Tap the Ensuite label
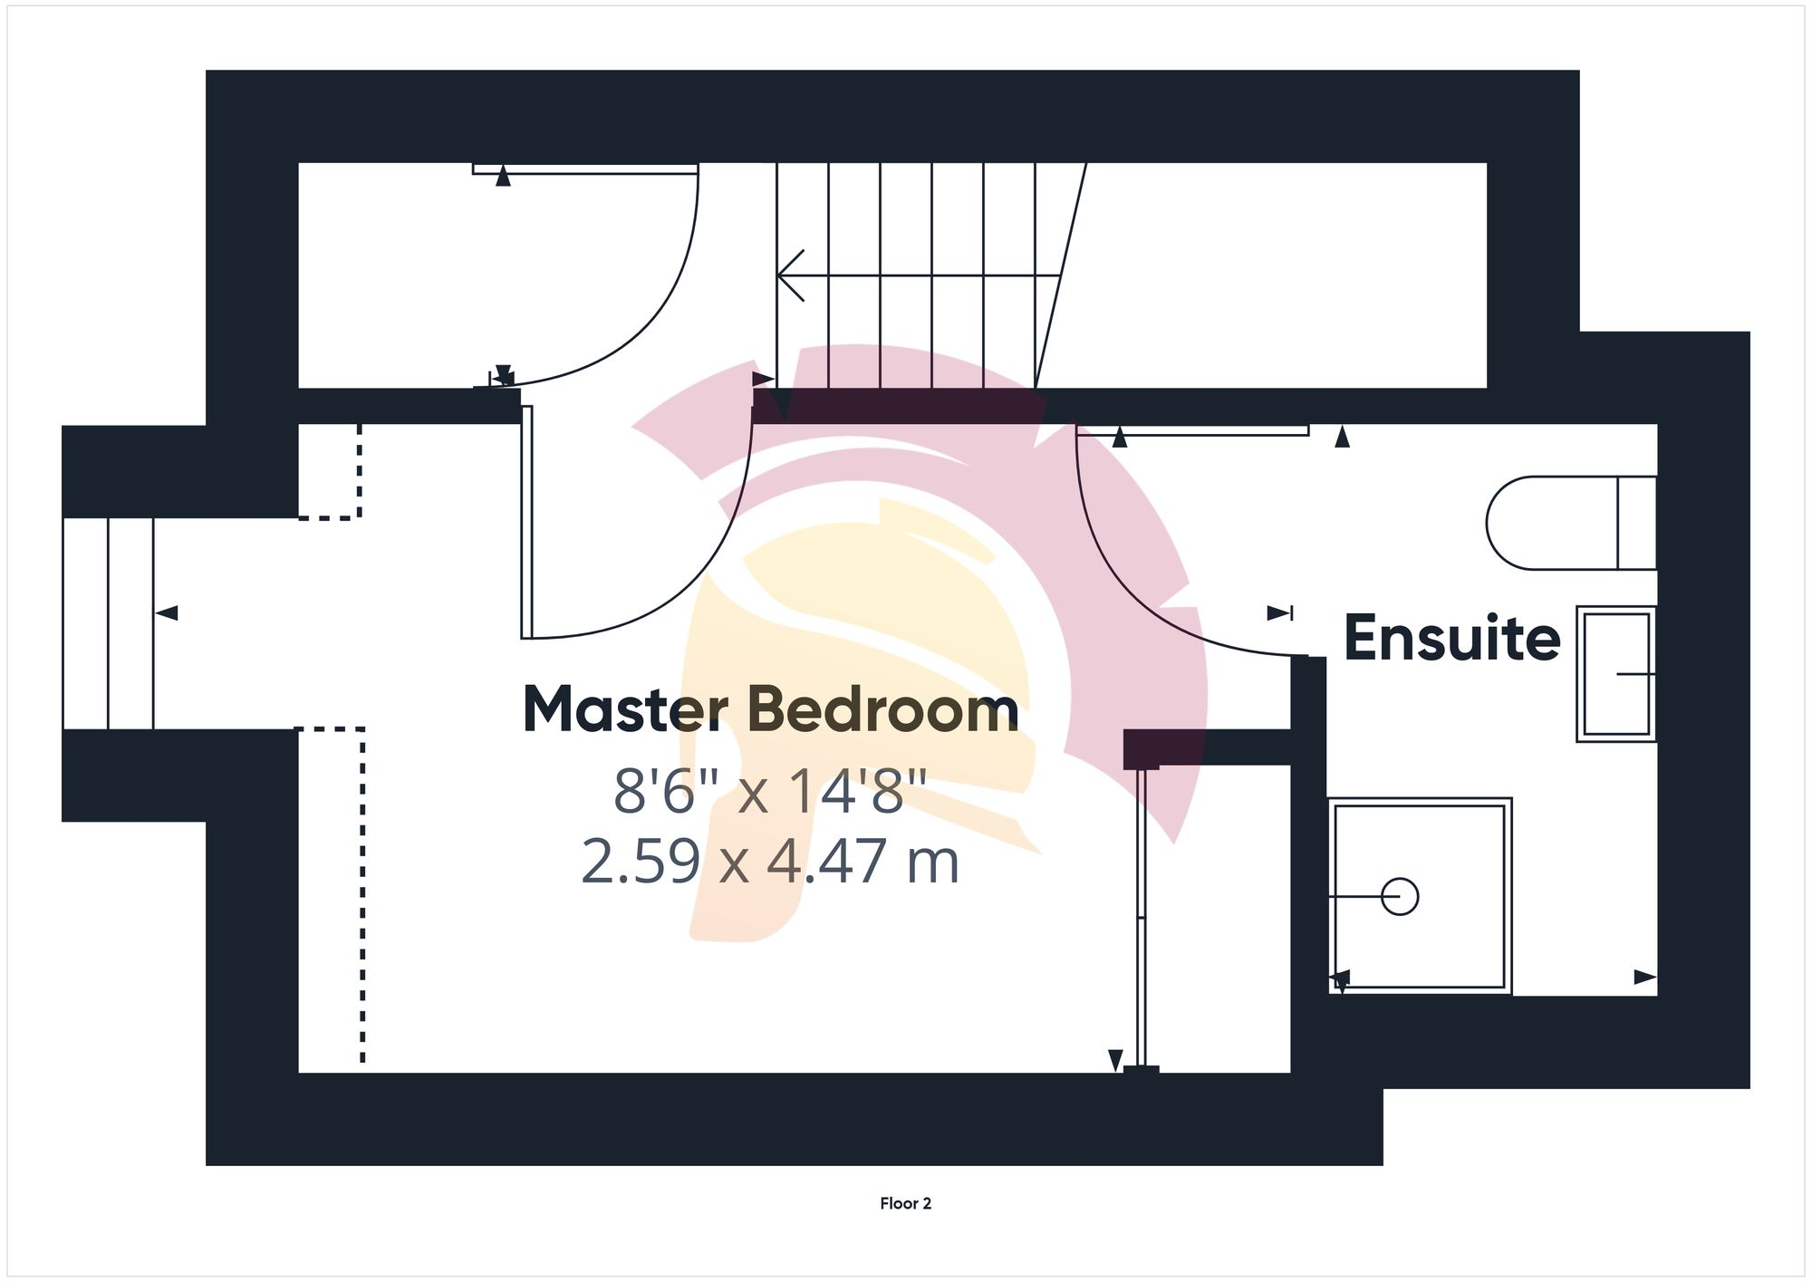tap(1451, 638)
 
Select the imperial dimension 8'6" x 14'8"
tap(771, 790)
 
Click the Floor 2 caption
tap(905, 1203)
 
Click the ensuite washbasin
tap(1616, 673)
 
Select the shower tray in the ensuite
tap(1419, 895)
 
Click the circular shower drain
tap(1400, 897)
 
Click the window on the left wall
tap(108, 623)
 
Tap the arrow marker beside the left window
tap(167, 613)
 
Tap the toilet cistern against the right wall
tap(1637, 523)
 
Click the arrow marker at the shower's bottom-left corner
tap(1340, 979)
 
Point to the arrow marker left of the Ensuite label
tap(1279, 613)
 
